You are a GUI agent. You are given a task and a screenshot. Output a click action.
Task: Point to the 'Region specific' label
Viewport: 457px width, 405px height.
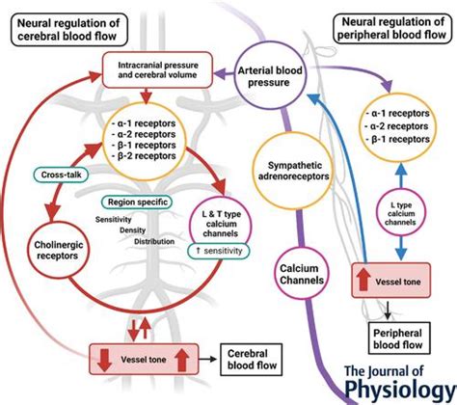[136, 202]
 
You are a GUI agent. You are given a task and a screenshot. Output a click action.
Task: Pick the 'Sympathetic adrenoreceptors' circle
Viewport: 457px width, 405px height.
[293, 170]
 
